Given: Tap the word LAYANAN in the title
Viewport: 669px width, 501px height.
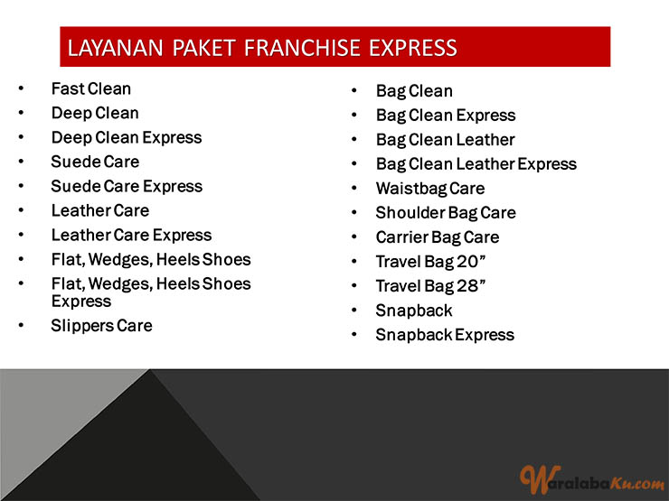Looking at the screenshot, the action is point(115,48).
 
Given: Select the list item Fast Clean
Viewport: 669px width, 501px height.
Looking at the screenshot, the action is point(91,88).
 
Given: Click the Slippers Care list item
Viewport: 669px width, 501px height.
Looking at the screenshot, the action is point(101,326).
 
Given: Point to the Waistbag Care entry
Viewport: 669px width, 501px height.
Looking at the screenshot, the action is point(430,189).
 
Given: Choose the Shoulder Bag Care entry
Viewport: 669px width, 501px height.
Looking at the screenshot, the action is point(446,213).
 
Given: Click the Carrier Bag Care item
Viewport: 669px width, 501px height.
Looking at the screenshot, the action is point(438,237).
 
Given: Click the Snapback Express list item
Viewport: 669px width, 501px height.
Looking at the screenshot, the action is point(445,335).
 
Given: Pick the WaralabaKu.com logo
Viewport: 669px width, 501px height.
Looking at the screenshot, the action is point(591,479).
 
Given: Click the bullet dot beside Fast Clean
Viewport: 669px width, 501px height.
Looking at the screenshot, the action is point(21,88).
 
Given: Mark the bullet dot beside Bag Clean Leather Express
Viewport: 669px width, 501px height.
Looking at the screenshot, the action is point(353,163).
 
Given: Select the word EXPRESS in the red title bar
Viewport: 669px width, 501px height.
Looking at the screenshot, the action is point(413,48).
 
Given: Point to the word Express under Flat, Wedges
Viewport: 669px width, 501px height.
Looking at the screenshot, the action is point(81,302).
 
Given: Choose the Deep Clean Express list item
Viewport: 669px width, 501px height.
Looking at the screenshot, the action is point(127,137).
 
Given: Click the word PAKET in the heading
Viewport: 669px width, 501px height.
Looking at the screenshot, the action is point(204,48).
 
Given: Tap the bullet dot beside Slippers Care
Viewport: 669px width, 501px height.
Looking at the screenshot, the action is point(21,326).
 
